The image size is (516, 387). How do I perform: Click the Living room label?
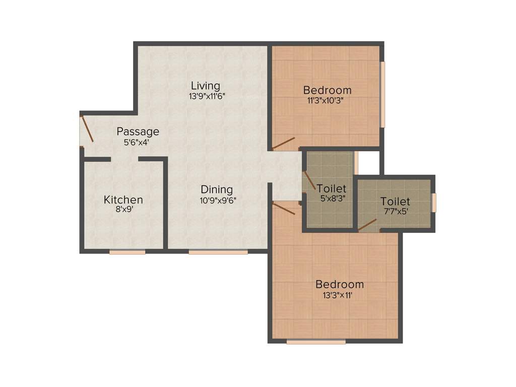(206, 85)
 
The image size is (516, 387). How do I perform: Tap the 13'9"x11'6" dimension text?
(207, 96)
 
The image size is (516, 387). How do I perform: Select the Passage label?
(138, 132)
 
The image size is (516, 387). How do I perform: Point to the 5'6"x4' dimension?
(136, 143)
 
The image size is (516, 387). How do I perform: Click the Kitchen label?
(123, 200)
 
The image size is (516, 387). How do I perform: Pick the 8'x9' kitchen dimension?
(123, 210)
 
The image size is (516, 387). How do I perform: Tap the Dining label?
(217, 189)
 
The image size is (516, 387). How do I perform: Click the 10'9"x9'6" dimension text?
(218, 200)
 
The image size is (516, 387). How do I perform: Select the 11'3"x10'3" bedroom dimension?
(327, 100)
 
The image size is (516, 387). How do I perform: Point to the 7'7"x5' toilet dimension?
(395, 212)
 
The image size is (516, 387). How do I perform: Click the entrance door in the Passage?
(87, 129)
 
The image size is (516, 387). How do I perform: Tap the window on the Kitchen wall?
(127, 251)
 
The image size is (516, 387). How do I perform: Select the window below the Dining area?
(218, 251)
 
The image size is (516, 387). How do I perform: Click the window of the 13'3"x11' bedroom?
(316, 342)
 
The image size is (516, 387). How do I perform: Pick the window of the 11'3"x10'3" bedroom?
(382, 94)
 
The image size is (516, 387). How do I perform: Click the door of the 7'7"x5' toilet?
(368, 224)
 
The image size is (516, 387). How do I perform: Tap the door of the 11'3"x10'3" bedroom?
(284, 144)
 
